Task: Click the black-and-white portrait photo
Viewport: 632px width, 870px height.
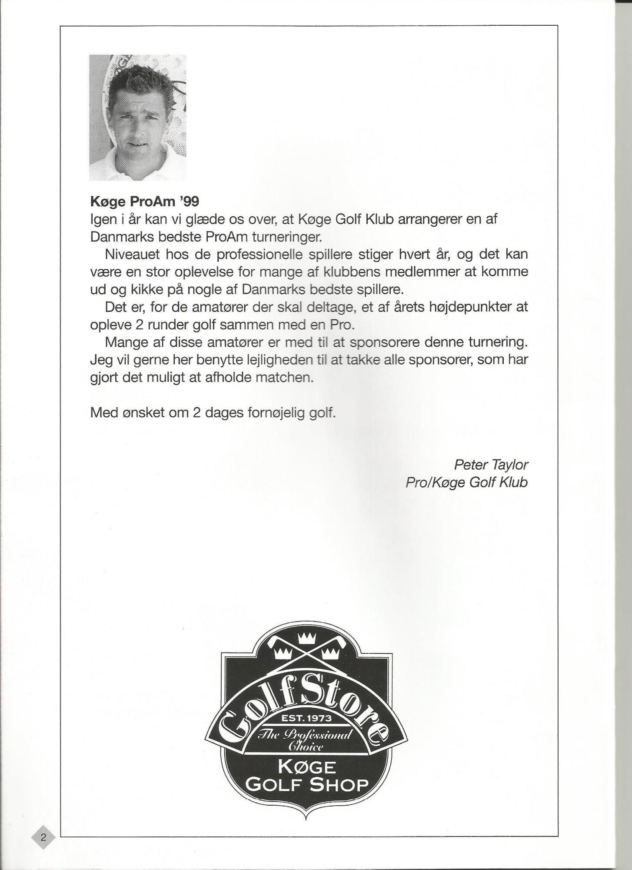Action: (137, 117)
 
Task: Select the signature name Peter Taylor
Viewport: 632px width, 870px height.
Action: (491, 465)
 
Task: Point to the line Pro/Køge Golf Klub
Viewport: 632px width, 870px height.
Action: (466, 482)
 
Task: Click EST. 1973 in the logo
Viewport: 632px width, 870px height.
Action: (306, 718)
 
